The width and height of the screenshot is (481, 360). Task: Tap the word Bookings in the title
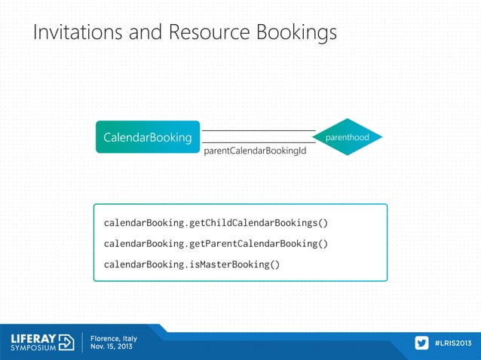pos(296,33)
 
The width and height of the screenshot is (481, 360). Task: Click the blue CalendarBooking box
pos(148,138)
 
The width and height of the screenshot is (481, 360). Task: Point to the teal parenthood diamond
pos(348,138)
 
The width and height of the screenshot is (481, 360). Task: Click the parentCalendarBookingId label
pos(255,151)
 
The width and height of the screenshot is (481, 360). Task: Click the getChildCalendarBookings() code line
pos(216,224)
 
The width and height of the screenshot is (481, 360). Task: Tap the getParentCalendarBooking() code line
pos(216,244)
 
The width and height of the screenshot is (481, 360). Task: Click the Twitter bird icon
pos(422,343)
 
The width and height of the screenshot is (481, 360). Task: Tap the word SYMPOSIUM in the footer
pos(33,349)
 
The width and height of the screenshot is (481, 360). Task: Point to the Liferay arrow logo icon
pos(66,342)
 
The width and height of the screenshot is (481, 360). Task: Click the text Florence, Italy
pos(114,338)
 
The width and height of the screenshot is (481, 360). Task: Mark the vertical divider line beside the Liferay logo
pos(81,343)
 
